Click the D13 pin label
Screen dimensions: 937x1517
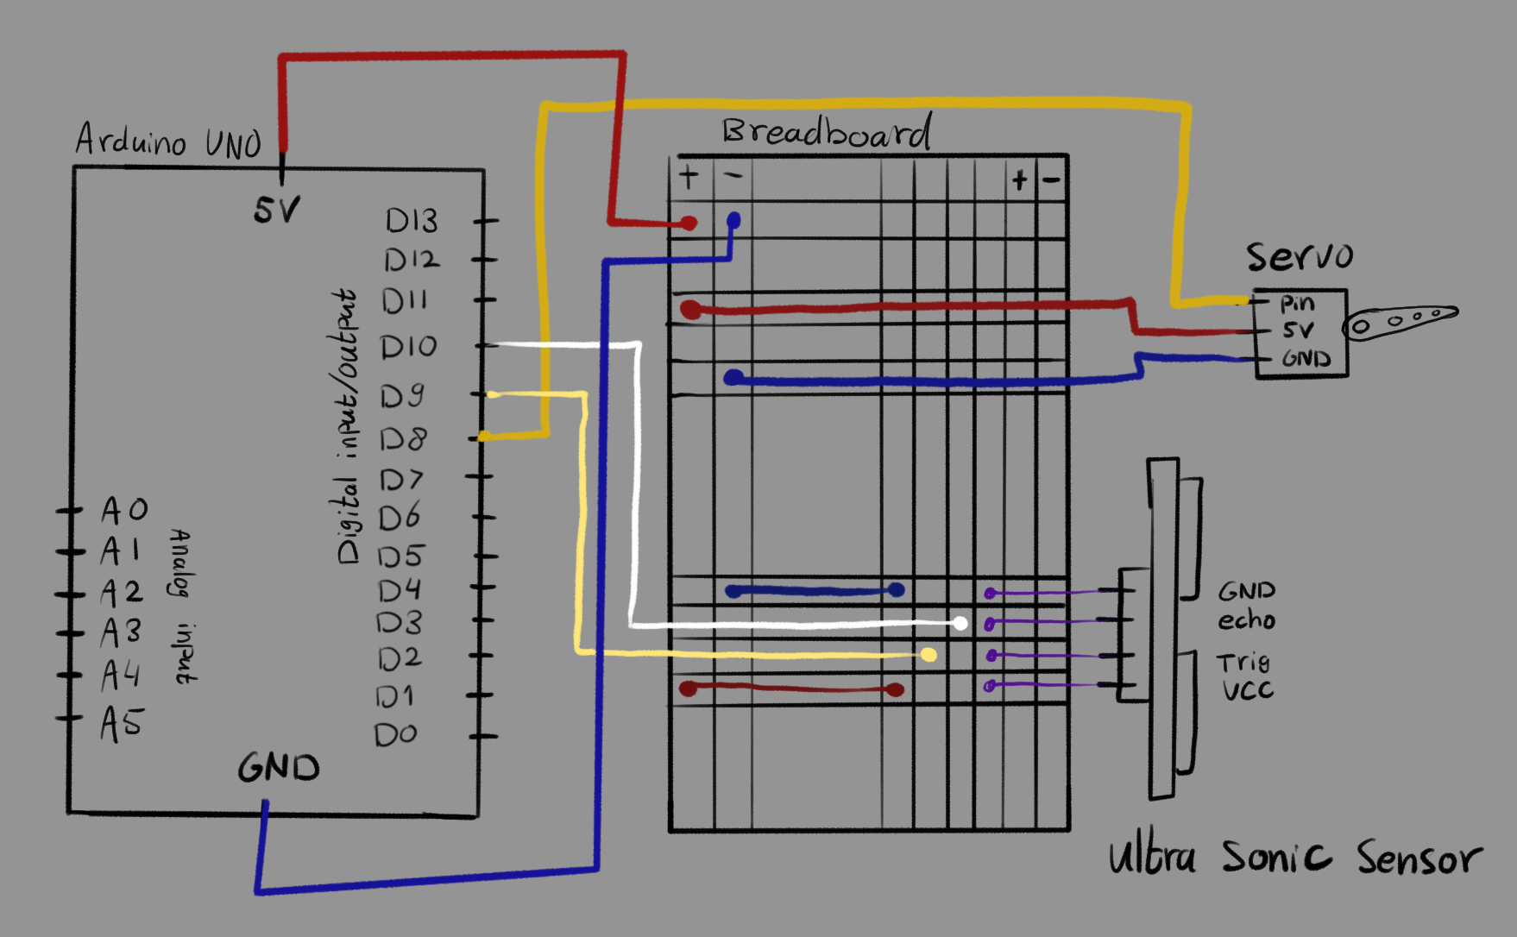pyautogui.click(x=412, y=221)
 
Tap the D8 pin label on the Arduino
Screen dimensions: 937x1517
pyautogui.click(x=403, y=439)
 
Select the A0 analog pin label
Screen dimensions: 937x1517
pyautogui.click(x=124, y=510)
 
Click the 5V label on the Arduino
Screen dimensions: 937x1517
pyautogui.click(x=277, y=210)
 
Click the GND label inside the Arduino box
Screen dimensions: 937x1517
pyautogui.click(x=279, y=767)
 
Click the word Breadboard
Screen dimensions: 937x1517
pyautogui.click(x=827, y=132)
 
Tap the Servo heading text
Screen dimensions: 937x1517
pyautogui.click(x=1299, y=256)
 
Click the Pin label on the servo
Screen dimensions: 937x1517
pyautogui.click(x=1297, y=304)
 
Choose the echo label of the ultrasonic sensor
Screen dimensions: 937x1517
pyautogui.click(x=1246, y=620)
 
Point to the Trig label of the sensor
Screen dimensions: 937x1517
pyautogui.click(x=1243, y=663)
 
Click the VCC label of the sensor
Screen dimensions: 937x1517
pyautogui.click(x=1247, y=690)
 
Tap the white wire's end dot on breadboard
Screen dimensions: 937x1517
pyautogui.click(x=960, y=623)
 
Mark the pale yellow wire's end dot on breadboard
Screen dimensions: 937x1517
pyautogui.click(x=928, y=655)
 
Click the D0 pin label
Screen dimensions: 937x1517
pyautogui.click(x=395, y=734)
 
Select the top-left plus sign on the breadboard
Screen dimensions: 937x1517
pyautogui.click(x=689, y=177)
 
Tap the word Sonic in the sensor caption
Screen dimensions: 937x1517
pyautogui.click(x=1276, y=857)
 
